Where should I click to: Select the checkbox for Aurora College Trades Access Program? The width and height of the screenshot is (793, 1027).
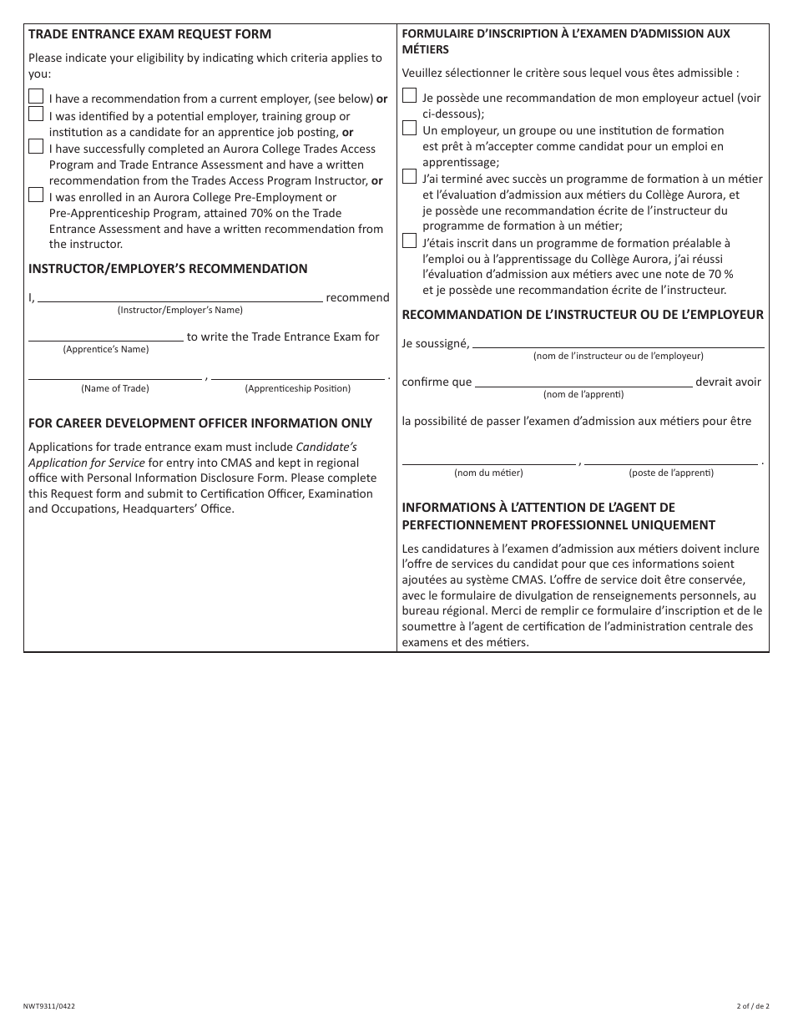tap(36, 146)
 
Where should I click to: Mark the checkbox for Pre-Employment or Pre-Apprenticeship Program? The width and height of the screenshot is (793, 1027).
tap(36, 195)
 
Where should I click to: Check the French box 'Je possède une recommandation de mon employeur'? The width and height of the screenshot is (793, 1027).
tap(409, 95)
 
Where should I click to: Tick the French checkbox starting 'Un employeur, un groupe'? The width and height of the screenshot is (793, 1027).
tap(409, 128)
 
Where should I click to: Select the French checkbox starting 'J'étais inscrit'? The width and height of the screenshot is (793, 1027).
tap(409, 240)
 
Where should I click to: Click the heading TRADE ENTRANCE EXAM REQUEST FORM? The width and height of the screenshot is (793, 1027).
tap(149, 34)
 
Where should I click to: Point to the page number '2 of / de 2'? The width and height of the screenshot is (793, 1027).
tap(752, 1006)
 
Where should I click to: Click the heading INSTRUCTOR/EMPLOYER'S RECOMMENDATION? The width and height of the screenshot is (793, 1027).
tap(168, 269)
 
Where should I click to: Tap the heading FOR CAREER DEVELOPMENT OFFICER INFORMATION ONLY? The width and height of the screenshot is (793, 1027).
tap(200, 423)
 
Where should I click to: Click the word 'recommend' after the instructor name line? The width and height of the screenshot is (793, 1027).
tap(357, 297)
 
